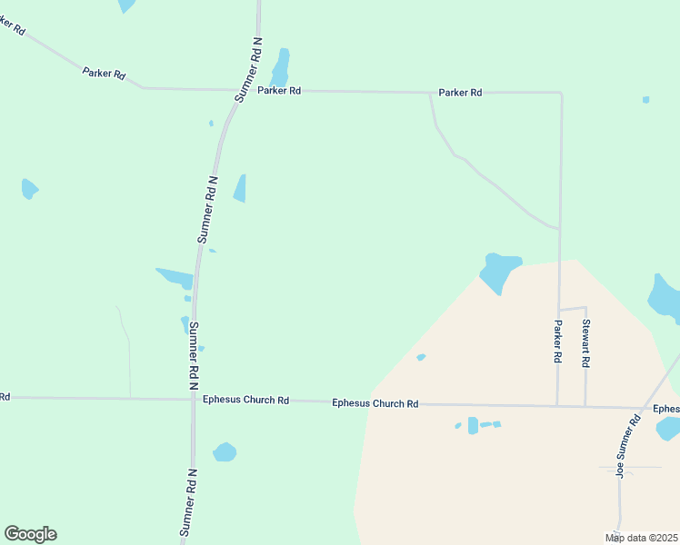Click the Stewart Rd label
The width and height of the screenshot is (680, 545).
(586, 342)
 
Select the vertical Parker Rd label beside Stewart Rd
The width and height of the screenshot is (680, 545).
(558, 342)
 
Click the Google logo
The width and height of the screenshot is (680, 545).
(30, 534)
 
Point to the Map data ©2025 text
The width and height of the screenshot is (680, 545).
(641, 538)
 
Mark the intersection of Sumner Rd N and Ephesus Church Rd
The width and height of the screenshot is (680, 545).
(193, 399)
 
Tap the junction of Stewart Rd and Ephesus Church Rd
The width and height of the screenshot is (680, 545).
(585, 406)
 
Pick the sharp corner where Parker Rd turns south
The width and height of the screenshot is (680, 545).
(560, 93)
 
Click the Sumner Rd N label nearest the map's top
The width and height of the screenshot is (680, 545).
(248, 69)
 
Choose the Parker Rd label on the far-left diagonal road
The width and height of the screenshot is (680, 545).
(104, 73)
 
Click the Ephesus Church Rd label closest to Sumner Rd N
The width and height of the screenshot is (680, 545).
(245, 400)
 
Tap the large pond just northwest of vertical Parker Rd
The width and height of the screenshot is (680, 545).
(498, 270)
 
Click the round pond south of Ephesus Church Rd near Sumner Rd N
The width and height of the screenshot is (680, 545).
(225, 451)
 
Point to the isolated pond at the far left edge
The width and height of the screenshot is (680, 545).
(29, 189)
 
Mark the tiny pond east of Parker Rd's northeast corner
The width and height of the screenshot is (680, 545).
(645, 99)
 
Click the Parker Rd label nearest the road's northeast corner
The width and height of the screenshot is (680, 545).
(460, 93)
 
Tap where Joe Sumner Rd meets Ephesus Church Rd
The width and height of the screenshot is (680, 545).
(642, 408)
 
